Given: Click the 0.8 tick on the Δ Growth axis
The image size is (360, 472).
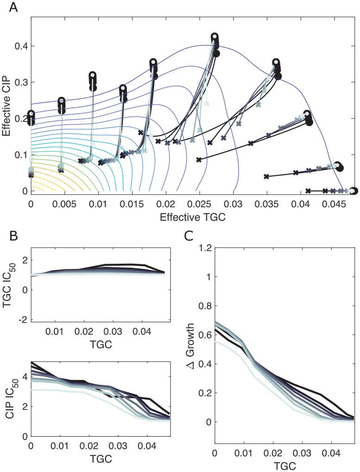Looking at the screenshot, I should coord(203,306).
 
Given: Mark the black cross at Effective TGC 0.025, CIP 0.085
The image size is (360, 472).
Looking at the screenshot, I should coord(199,159).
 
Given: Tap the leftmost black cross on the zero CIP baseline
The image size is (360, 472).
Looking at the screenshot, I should coord(309,191).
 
